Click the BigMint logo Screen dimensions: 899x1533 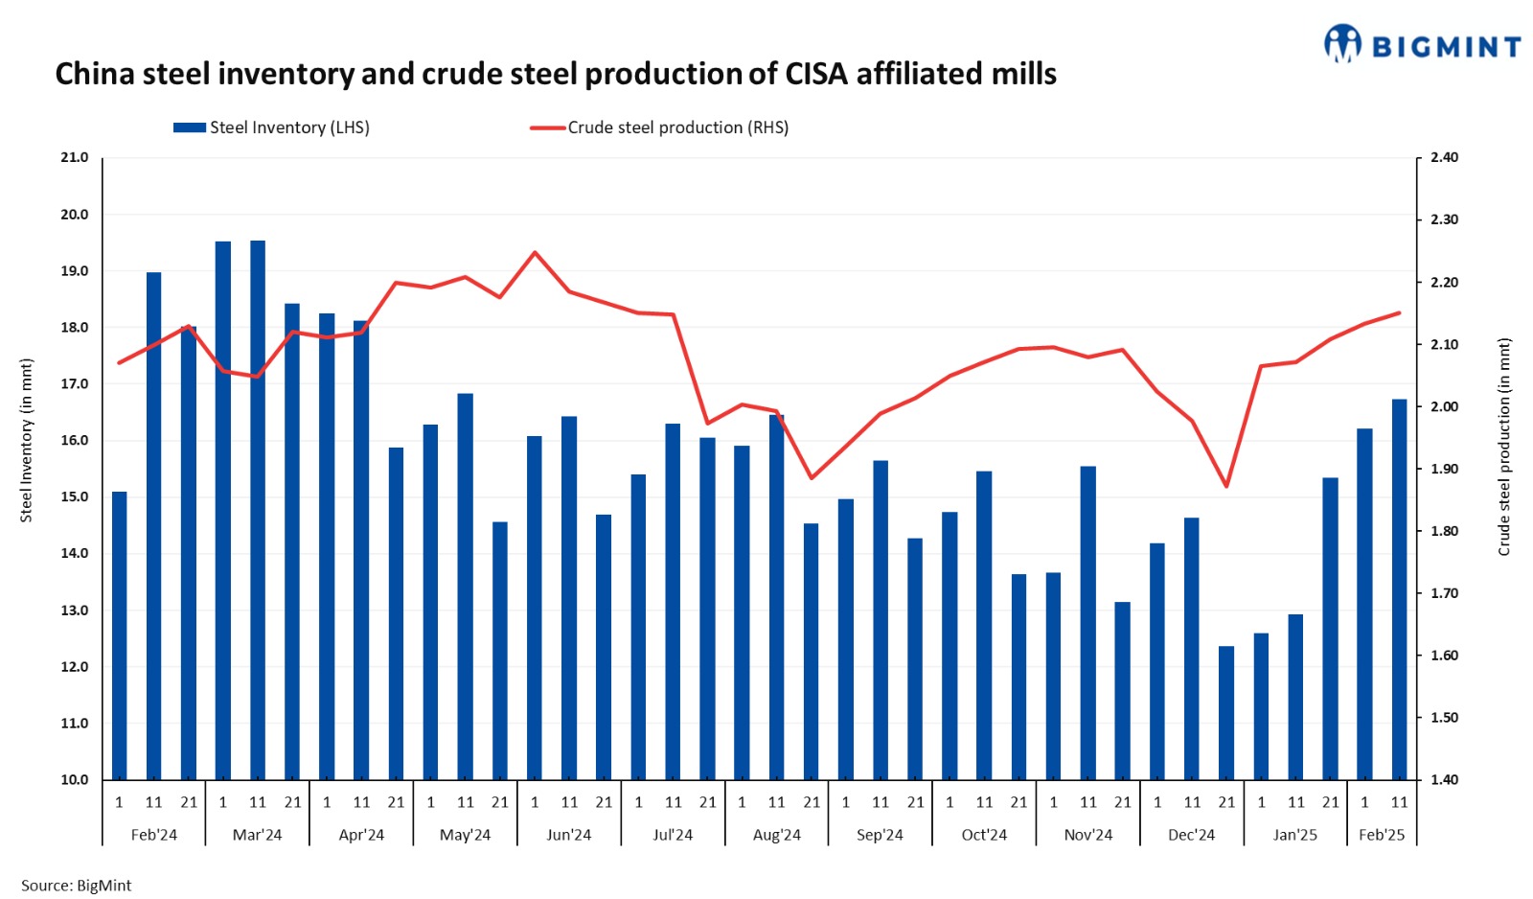(x=1422, y=44)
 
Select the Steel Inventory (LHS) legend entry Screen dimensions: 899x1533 (x=272, y=127)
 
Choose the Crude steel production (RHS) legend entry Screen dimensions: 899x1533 (x=660, y=127)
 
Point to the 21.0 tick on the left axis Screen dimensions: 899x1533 (x=75, y=157)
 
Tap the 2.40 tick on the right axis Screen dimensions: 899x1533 (x=1444, y=157)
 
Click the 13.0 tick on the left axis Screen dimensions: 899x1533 (x=75, y=610)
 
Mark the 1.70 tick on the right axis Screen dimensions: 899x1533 (x=1444, y=593)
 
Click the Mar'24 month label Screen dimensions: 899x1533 (x=257, y=835)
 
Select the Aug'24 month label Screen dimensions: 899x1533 (x=776, y=835)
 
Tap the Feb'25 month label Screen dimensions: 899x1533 (x=1382, y=835)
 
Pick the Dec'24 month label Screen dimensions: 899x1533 (x=1191, y=835)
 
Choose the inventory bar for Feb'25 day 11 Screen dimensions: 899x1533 (x=1399, y=589)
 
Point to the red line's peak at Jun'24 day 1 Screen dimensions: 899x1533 (x=535, y=253)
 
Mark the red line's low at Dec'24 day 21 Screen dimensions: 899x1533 (x=1226, y=486)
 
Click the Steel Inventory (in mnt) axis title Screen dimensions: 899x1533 (x=27, y=441)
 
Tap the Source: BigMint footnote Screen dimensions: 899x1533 (x=77, y=886)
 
